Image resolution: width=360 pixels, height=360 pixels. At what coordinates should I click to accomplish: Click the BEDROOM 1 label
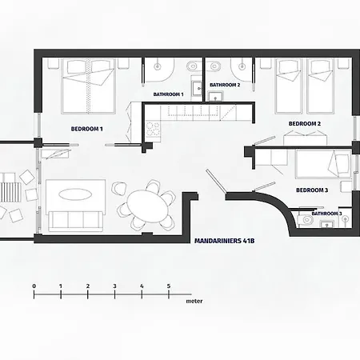pos(87,128)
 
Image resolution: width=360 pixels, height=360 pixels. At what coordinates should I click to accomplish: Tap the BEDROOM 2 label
pos(304,123)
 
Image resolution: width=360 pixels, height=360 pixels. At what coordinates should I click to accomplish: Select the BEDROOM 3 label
pos(311,190)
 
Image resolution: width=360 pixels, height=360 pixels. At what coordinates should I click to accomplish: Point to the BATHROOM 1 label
pos(169,94)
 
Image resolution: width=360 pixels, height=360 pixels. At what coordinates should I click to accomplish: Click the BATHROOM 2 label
pos(225,84)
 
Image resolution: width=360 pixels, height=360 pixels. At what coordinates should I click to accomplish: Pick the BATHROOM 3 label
pos(326,214)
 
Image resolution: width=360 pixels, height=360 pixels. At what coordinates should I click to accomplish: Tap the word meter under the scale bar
pos(194,303)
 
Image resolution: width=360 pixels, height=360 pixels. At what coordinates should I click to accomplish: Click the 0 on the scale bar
pos(34,286)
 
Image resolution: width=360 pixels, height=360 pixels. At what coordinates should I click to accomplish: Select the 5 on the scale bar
pos(169,286)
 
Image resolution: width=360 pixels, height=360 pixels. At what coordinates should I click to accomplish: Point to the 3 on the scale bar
pos(114,286)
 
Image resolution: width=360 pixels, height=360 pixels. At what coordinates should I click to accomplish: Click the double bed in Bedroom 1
pos(90,86)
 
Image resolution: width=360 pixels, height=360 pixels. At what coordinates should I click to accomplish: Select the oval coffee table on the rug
pos(75,194)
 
